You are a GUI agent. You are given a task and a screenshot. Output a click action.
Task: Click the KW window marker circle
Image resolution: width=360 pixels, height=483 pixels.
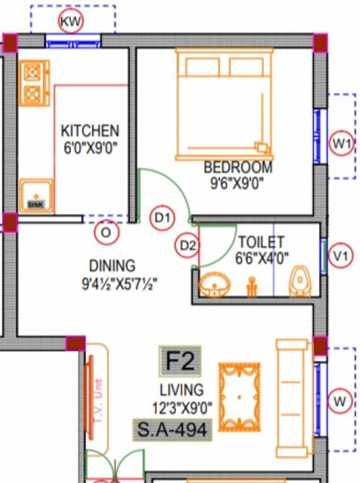click(x=70, y=22)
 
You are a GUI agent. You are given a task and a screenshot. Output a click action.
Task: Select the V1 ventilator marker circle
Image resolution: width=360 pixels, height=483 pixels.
click(x=340, y=256)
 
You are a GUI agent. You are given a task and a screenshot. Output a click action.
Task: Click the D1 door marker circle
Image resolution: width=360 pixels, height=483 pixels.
click(x=162, y=218)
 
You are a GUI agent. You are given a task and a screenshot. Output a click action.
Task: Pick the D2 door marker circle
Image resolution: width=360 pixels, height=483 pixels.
click(x=188, y=245)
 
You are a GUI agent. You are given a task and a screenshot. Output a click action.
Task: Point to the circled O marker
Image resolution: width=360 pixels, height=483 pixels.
click(x=106, y=233)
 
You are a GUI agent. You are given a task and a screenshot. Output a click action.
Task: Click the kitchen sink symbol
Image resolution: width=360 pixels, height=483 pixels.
click(x=35, y=196)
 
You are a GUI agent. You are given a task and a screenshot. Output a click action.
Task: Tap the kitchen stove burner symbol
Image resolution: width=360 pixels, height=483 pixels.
click(x=32, y=83)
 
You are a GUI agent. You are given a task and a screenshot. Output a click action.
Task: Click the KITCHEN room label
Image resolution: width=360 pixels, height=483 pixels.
click(x=89, y=131)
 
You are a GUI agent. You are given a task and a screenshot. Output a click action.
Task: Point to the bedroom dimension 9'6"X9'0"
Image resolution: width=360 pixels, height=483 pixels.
click(x=237, y=183)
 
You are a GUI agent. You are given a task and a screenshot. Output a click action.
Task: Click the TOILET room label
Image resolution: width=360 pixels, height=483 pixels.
click(x=261, y=242)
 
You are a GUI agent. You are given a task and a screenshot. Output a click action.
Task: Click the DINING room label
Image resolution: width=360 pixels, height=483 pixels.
click(x=112, y=265)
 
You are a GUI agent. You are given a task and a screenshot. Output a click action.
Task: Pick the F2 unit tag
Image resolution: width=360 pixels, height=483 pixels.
click(x=181, y=362)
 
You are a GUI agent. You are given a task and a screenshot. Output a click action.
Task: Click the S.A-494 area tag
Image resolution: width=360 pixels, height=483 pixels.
click(x=172, y=430)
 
